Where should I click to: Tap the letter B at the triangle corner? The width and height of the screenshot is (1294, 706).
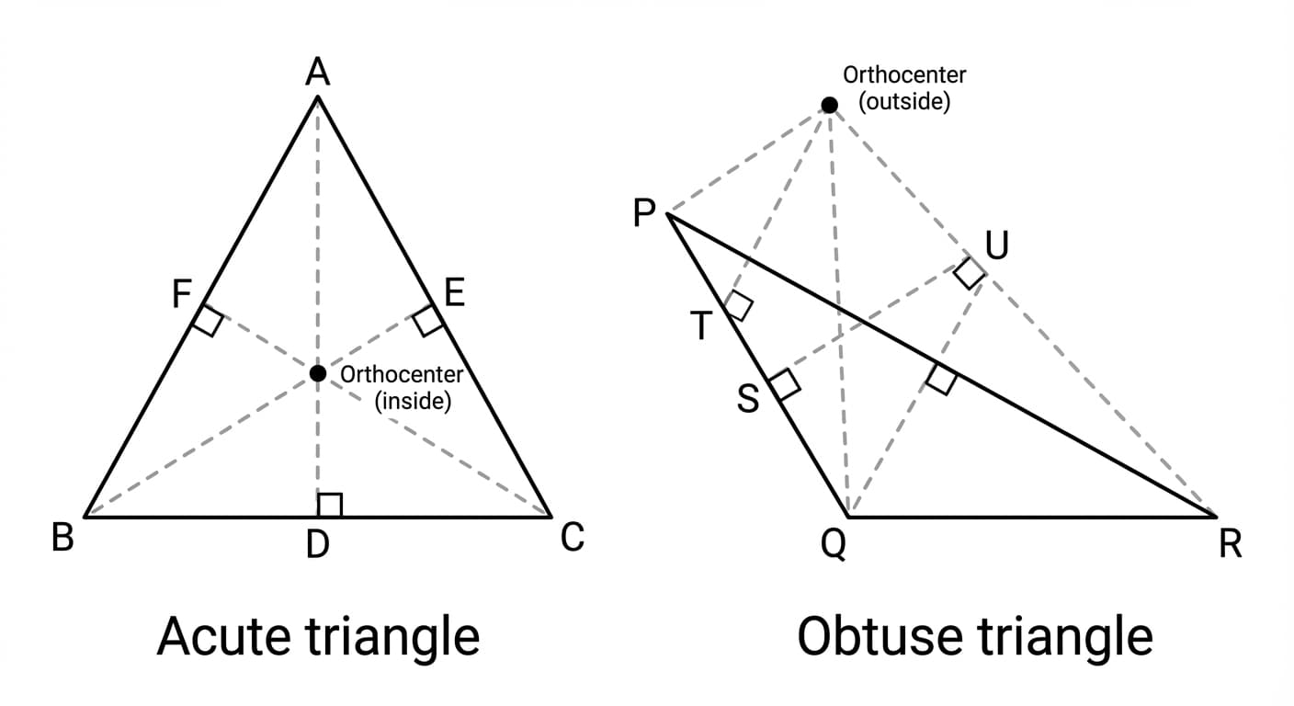[62, 537]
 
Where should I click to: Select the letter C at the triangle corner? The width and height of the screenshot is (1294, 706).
[572, 537]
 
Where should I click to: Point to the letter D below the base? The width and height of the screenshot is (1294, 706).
[317, 546]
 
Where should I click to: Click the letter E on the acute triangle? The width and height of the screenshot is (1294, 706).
[454, 293]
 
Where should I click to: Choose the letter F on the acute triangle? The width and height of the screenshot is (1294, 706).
[182, 295]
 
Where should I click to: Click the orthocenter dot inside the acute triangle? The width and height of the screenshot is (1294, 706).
[318, 373]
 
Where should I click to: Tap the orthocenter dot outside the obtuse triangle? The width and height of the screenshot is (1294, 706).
[829, 106]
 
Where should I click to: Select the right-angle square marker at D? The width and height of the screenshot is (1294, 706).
[329, 505]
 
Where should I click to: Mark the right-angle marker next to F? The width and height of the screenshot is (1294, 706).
[209, 321]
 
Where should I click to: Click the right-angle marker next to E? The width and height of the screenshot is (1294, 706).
[427, 321]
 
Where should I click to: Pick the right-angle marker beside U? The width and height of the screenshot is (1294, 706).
[969, 273]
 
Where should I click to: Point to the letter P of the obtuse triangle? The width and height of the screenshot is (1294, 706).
[644, 214]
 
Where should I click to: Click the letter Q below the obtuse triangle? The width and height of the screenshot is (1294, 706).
[833, 546]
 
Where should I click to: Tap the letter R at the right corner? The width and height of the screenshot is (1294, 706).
[1230, 545]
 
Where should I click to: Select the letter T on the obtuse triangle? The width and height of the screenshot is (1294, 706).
[702, 326]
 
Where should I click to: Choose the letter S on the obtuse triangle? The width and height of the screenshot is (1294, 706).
[749, 400]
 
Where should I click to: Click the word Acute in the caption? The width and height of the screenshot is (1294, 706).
[221, 636]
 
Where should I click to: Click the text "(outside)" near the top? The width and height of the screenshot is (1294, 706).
[904, 101]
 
